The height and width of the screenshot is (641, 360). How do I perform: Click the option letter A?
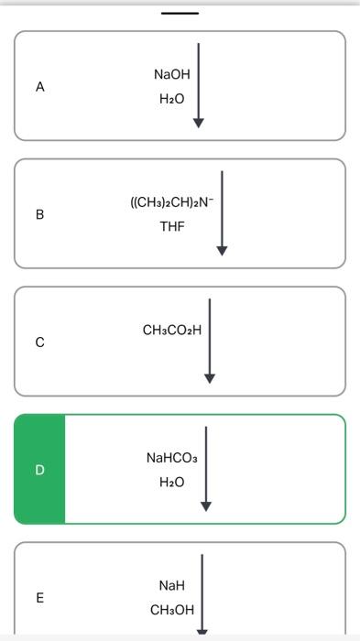(x=39, y=87)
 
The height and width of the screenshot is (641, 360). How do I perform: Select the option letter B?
(x=39, y=214)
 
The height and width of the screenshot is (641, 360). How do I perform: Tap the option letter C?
(x=39, y=342)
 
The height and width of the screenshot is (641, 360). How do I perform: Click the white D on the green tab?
(x=39, y=470)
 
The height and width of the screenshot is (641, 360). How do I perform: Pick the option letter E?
(x=39, y=598)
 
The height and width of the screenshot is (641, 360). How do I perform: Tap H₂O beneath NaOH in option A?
(x=172, y=99)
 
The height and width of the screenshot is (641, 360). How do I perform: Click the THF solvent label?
(x=171, y=226)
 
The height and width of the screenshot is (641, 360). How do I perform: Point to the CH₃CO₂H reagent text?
(x=172, y=330)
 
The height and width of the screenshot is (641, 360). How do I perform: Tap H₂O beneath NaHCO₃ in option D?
(x=172, y=482)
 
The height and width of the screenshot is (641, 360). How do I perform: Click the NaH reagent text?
(x=172, y=585)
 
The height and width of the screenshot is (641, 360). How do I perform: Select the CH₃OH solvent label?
(x=172, y=610)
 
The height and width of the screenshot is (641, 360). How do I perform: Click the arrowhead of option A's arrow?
(x=198, y=123)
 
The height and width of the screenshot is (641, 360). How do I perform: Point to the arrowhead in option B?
(x=222, y=249)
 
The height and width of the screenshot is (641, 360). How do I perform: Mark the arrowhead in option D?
(x=206, y=505)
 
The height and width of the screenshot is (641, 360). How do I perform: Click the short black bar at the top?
(x=180, y=13)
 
